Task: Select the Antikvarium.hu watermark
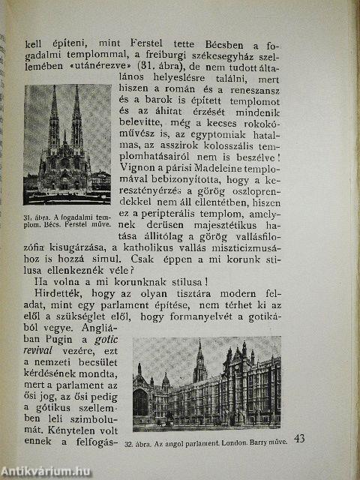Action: pos(46,471)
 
